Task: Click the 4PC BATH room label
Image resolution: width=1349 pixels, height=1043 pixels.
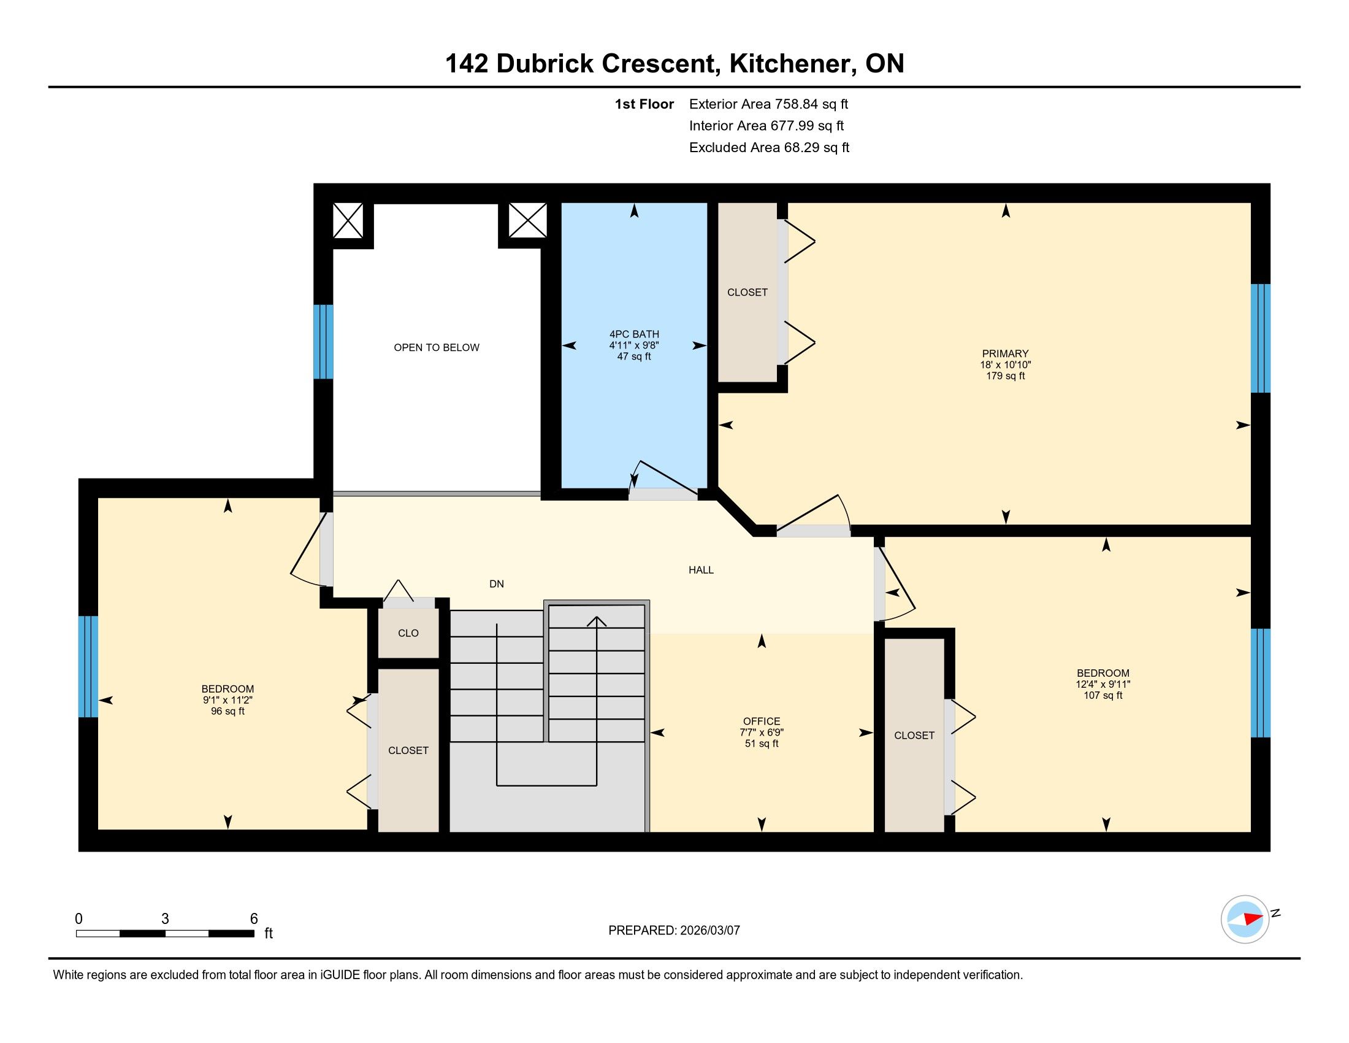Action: click(635, 334)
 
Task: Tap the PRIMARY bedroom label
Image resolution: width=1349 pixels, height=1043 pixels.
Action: click(1006, 353)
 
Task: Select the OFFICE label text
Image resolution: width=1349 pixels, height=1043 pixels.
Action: click(762, 721)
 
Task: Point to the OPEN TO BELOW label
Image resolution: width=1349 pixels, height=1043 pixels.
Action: click(437, 347)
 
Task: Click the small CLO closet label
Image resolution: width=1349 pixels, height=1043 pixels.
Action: click(408, 633)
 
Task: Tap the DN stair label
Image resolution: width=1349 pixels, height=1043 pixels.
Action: click(497, 583)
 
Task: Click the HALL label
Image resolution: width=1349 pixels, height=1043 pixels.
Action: click(701, 570)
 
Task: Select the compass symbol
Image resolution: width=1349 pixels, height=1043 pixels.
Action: click(1245, 919)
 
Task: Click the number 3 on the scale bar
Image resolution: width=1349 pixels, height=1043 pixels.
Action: click(165, 919)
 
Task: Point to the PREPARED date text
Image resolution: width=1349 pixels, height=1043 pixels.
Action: click(674, 931)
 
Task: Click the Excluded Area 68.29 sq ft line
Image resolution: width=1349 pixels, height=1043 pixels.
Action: click(769, 148)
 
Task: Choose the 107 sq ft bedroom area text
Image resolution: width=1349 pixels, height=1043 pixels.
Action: click(1103, 695)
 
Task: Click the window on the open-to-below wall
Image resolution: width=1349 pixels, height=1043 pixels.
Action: click(323, 341)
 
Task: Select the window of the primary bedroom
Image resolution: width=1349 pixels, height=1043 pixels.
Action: click(1260, 338)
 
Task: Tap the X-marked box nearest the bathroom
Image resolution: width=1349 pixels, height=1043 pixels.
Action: click(527, 220)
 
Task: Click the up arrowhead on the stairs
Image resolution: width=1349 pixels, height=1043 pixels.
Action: click(597, 621)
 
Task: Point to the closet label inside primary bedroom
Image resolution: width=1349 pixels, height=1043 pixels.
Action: click(747, 292)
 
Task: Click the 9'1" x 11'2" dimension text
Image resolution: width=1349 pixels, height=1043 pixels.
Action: click(228, 700)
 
